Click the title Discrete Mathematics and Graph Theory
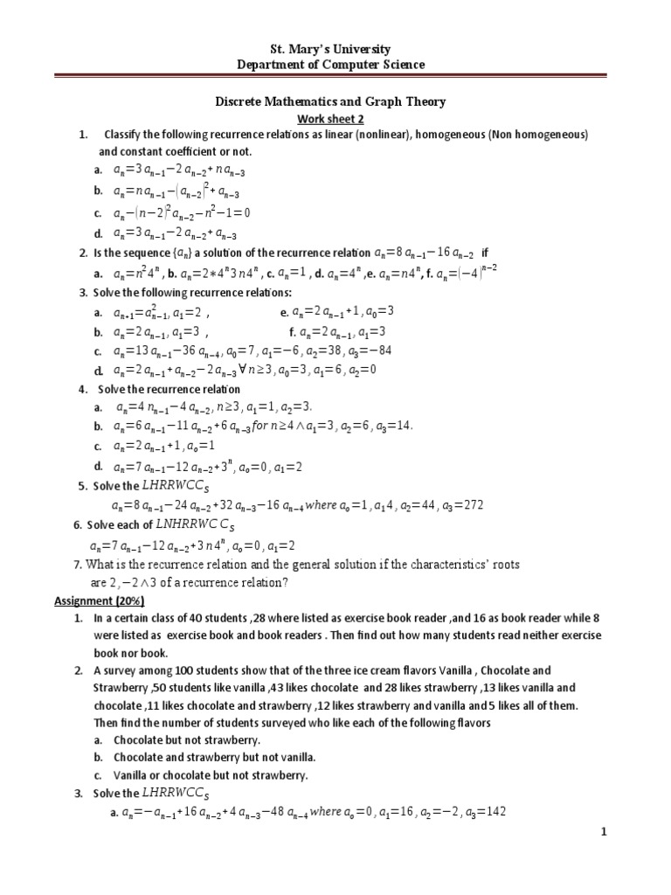tap(330, 101)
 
